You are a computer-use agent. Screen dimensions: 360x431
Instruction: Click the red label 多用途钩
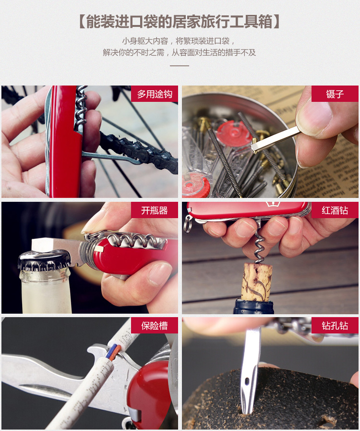point(155,94)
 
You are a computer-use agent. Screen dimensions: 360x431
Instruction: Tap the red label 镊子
point(335,94)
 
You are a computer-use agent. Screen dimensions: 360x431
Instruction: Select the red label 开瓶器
point(155,210)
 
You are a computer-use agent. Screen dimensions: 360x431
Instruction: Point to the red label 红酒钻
point(335,210)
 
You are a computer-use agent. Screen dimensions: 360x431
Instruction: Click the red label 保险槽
point(155,325)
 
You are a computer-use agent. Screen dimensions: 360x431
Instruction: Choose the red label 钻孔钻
point(335,325)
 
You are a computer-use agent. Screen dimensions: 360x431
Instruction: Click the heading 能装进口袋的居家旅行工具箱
point(180,22)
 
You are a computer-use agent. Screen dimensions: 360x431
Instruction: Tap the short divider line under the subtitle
point(180,66)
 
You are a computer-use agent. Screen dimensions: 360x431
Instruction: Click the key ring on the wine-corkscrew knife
point(188,224)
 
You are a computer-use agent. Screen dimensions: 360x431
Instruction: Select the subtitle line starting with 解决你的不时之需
point(180,52)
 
